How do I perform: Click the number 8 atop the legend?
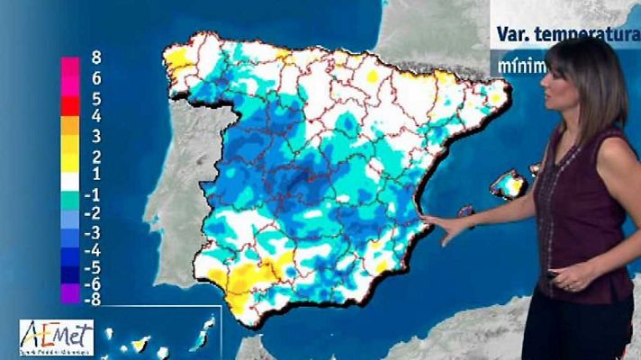click(96, 58)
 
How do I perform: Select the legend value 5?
click(96, 98)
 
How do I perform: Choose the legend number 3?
click(96, 137)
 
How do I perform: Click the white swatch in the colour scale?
click(70, 175)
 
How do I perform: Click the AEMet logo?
click(56, 337)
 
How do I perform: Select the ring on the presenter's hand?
click(570, 287)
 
